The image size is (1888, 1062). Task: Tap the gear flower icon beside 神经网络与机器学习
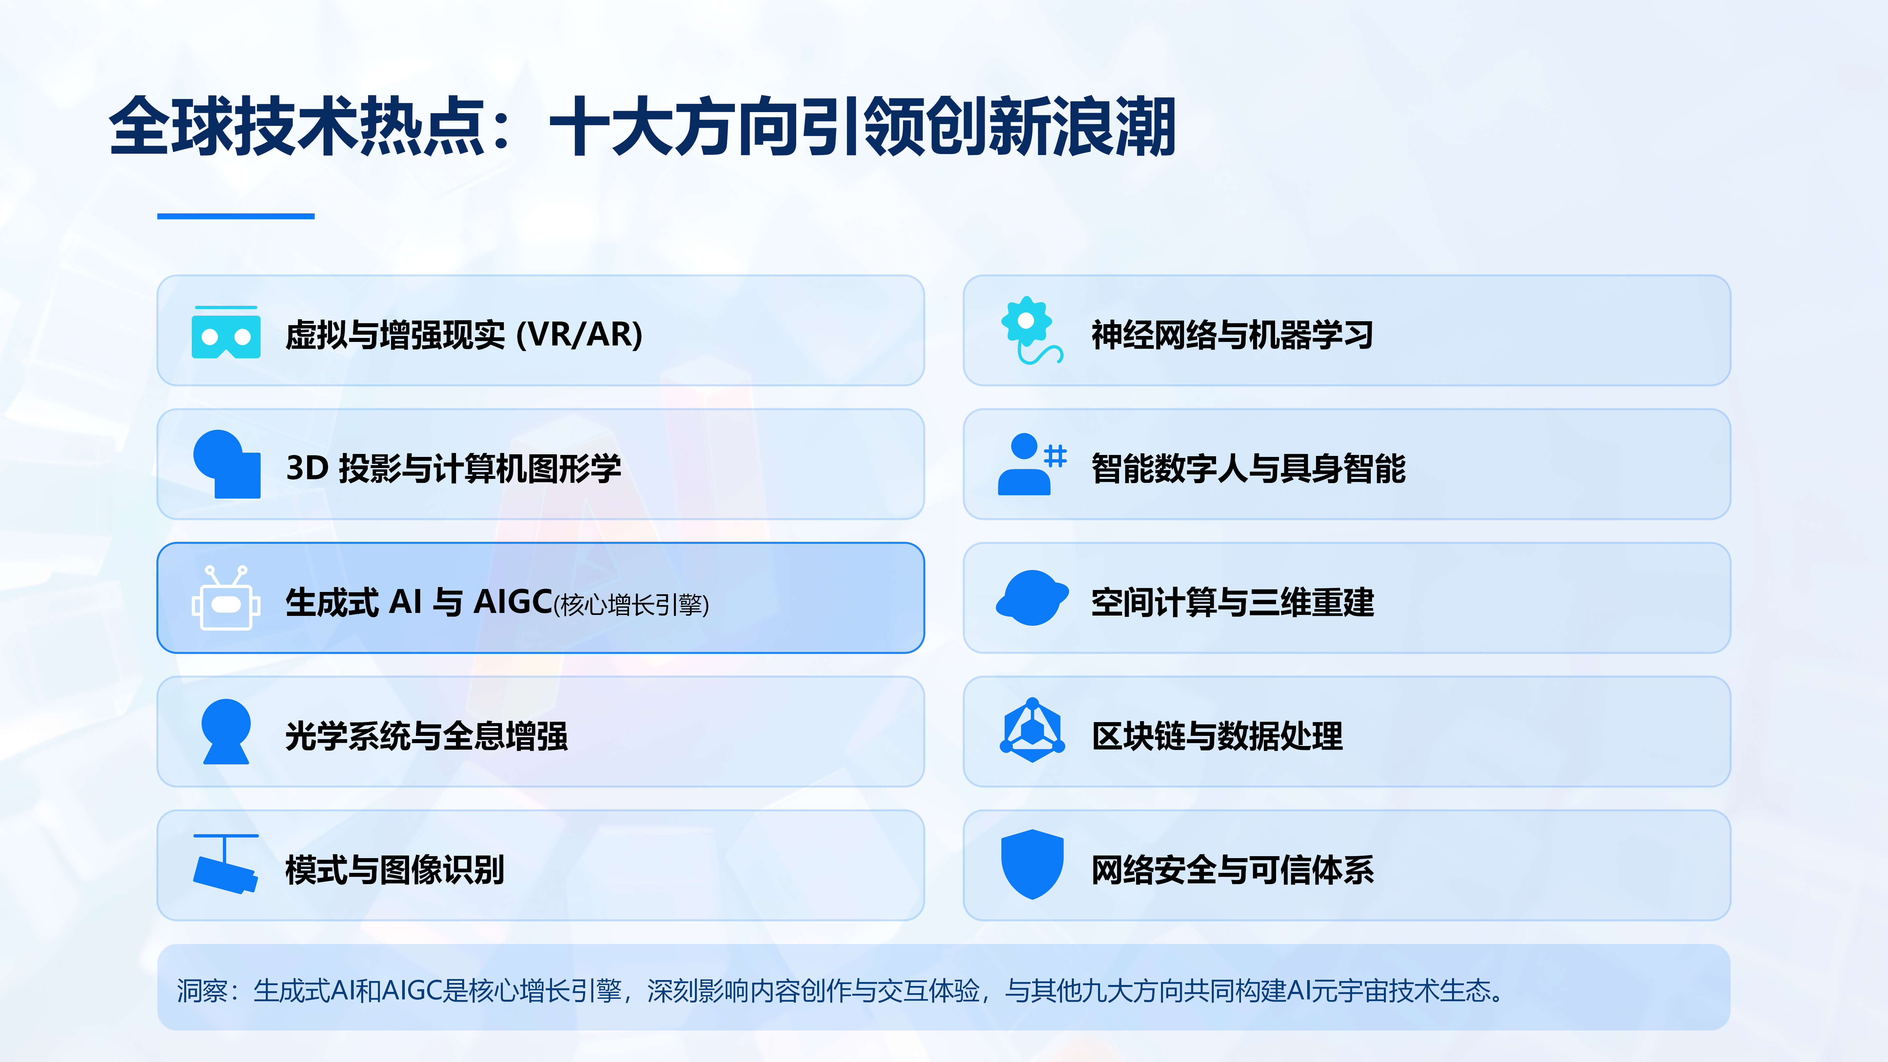coord(1030,330)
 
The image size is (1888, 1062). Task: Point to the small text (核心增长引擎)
coord(631,605)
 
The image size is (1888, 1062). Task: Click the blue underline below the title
coord(236,216)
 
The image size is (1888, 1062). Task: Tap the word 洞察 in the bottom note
coord(202,991)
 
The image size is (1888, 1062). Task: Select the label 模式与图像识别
coord(394,870)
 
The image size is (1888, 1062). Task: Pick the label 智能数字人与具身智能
coord(1248,468)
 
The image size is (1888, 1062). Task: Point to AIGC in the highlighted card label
coord(513,602)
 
